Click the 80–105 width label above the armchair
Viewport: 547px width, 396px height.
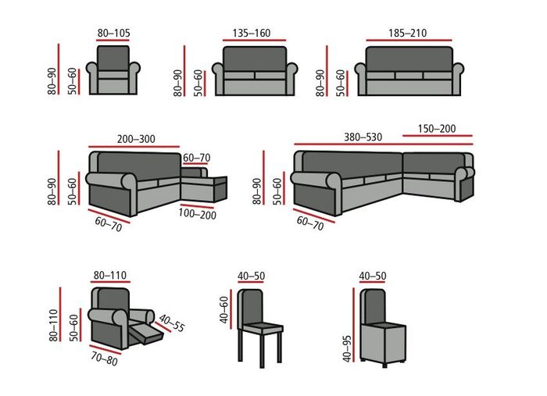coord(113,34)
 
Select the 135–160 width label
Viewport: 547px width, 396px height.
coord(252,34)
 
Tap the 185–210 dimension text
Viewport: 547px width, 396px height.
coord(407,34)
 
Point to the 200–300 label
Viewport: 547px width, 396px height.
coord(136,139)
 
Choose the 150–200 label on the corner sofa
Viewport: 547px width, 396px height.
coord(437,129)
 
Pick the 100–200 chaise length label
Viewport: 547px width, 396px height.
coord(198,214)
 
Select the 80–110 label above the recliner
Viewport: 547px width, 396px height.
coord(110,276)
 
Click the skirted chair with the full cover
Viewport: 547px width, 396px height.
coord(383,328)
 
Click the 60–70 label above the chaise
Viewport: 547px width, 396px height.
coord(197,157)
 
